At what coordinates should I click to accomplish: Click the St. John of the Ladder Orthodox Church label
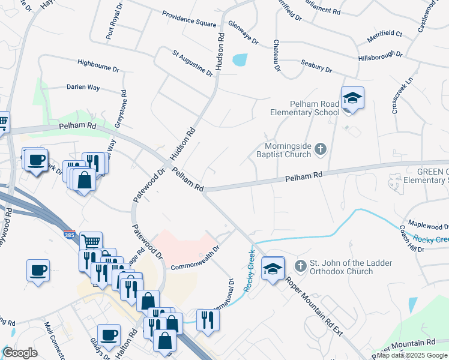click(340, 268)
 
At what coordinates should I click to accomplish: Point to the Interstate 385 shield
click(70, 232)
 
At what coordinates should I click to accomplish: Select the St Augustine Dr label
click(192, 63)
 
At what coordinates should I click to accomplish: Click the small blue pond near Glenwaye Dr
click(240, 59)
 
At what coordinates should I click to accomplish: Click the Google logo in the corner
click(20, 353)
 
